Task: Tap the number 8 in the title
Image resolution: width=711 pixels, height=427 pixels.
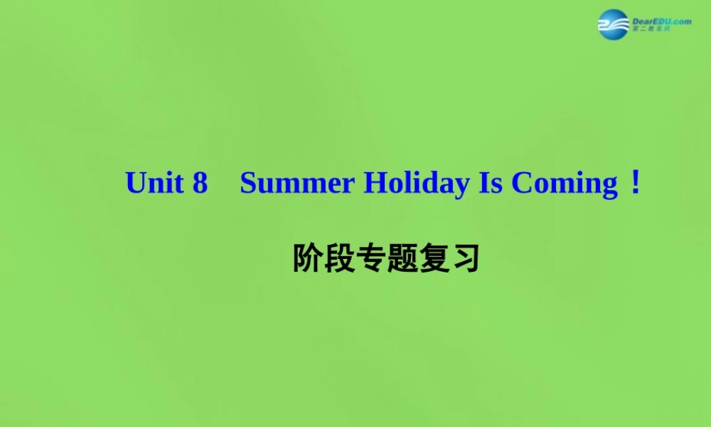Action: pyautogui.click(x=200, y=184)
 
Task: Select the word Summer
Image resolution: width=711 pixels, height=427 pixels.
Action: pyautogui.click(x=297, y=184)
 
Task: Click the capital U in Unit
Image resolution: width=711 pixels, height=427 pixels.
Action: pyautogui.click(x=135, y=184)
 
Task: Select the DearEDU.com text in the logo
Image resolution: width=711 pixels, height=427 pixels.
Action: pyautogui.click(x=661, y=21)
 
